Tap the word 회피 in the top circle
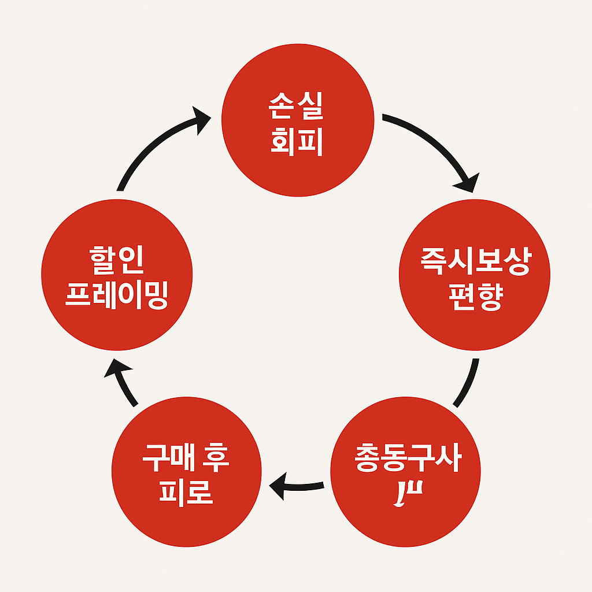click(297, 142)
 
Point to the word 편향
click(475, 298)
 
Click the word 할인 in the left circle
click(117, 264)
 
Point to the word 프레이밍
click(117, 296)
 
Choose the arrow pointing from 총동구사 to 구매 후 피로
click(298, 485)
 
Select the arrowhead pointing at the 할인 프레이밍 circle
click(114, 368)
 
